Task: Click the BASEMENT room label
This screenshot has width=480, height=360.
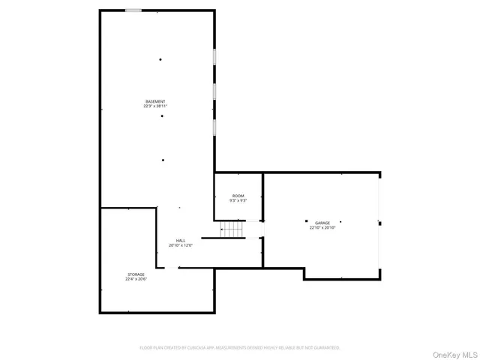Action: point(155,101)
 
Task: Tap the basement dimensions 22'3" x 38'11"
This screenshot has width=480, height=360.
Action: point(155,106)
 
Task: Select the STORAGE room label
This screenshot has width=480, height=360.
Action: point(136,274)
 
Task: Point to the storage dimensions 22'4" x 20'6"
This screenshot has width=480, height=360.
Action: point(136,279)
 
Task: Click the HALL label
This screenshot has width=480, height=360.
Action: point(181,241)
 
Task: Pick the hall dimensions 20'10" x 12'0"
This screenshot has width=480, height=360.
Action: point(181,245)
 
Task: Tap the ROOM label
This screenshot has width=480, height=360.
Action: point(238,196)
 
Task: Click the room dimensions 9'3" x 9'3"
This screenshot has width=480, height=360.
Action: point(238,200)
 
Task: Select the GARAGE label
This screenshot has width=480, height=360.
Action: point(322,223)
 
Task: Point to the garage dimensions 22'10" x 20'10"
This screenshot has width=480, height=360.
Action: point(322,227)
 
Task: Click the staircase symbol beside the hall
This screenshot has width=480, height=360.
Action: point(232,229)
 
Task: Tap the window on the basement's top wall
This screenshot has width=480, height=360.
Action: point(133,10)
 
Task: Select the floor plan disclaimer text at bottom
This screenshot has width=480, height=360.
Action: point(240,348)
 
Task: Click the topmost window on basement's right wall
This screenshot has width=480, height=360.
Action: point(215,58)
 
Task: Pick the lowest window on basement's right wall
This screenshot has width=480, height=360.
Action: point(215,126)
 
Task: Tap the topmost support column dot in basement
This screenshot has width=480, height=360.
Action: point(160,60)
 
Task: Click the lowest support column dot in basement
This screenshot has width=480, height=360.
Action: point(163,160)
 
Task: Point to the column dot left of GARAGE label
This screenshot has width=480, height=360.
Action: point(306,221)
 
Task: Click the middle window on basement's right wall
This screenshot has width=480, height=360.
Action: point(215,91)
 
